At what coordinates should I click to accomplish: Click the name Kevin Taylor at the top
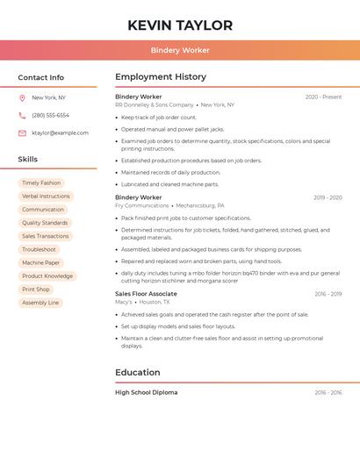(180, 25)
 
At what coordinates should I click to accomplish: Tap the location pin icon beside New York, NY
(22, 98)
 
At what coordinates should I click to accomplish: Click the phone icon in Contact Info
(22, 116)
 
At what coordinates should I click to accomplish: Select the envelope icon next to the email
(22, 133)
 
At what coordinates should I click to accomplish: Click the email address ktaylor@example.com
(60, 133)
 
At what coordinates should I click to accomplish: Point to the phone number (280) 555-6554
(50, 116)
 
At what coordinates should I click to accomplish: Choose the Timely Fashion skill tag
(41, 183)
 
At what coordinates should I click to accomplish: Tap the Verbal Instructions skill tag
(46, 197)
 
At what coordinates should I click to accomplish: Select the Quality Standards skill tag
(45, 223)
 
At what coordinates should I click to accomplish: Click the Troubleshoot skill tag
(39, 249)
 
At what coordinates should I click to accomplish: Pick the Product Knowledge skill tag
(47, 276)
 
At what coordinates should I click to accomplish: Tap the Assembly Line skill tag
(40, 303)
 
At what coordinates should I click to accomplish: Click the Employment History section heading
(161, 77)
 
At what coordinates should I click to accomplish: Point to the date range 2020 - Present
(323, 97)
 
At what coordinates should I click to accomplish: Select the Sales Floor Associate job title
(146, 294)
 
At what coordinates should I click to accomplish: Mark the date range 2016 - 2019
(328, 295)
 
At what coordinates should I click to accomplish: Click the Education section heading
(137, 373)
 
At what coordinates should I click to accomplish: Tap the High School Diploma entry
(146, 393)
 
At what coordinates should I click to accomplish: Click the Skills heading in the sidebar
(28, 160)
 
